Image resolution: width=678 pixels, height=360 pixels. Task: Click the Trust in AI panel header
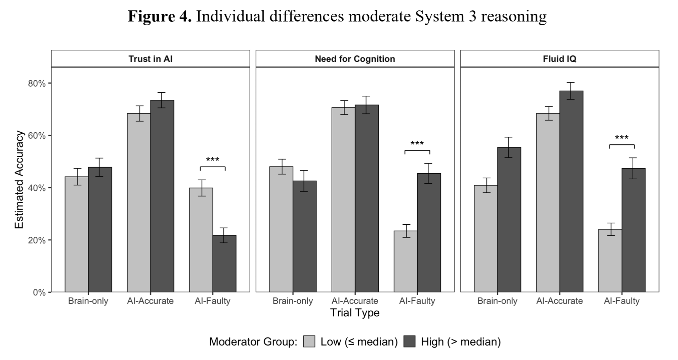pos(150,59)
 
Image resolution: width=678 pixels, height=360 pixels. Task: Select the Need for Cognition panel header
pos(355,59)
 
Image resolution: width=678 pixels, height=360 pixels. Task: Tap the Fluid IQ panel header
pos(559,59)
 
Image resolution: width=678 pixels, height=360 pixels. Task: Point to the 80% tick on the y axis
pos(37,83)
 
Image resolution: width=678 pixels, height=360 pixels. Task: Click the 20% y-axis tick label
pos(37,240)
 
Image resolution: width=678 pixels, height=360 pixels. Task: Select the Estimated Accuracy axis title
pos(19,180)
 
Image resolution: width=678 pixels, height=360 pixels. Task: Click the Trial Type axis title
pos(355,313)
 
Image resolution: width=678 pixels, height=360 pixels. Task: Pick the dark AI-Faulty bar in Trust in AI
pos(224,264)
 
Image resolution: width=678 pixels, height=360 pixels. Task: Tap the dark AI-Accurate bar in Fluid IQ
pos(571,191)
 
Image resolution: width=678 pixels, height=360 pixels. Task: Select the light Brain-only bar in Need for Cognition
pos(281,229)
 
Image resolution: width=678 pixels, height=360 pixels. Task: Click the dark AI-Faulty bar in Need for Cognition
pos(429,233)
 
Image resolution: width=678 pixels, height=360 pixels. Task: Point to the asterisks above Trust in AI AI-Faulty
pos(212,160)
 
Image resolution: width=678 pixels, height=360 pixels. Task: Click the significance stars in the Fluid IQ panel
pos(622,138)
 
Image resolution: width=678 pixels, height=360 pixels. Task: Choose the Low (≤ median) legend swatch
pos(309,342)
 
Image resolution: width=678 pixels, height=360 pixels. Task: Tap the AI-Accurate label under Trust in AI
pos(150,301)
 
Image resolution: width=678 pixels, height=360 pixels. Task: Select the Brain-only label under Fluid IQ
pos(497,301)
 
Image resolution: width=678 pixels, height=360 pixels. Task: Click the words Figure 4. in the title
pos(160,16)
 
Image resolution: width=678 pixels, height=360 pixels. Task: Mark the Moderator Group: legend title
pos(253,342)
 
